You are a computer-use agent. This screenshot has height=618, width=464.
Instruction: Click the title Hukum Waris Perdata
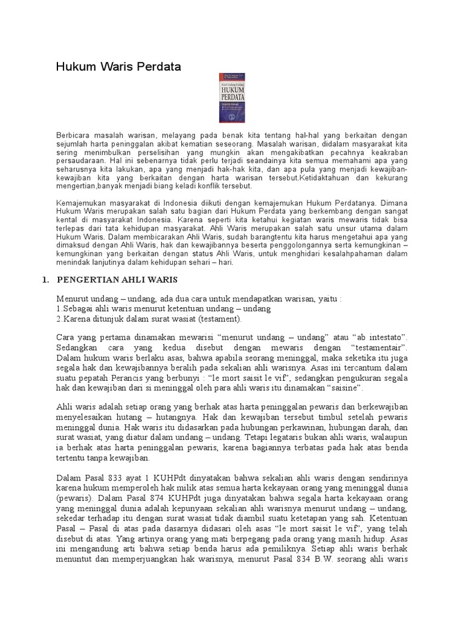(x=118, y=67)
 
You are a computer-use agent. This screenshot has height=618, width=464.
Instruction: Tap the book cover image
(x=233, y=98)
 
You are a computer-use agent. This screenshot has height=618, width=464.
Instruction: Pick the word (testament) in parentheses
(x=219, y=318)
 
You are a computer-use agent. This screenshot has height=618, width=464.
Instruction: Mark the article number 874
(x=156, y=500)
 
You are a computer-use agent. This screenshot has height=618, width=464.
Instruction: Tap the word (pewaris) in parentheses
(x=76, y=500)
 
